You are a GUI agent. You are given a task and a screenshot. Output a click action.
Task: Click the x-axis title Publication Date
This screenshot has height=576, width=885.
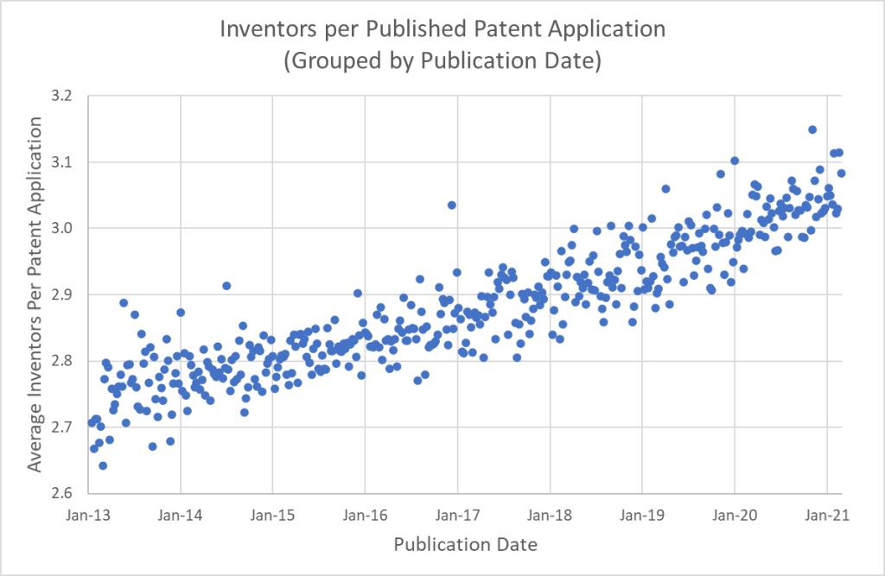coord(465,545)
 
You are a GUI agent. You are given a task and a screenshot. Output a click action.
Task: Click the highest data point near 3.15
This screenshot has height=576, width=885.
coord(812,130)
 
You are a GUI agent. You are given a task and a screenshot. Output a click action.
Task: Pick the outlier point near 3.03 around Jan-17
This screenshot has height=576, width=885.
coord(451,205)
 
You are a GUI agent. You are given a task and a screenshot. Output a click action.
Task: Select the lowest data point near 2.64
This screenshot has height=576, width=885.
coord(102,465)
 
